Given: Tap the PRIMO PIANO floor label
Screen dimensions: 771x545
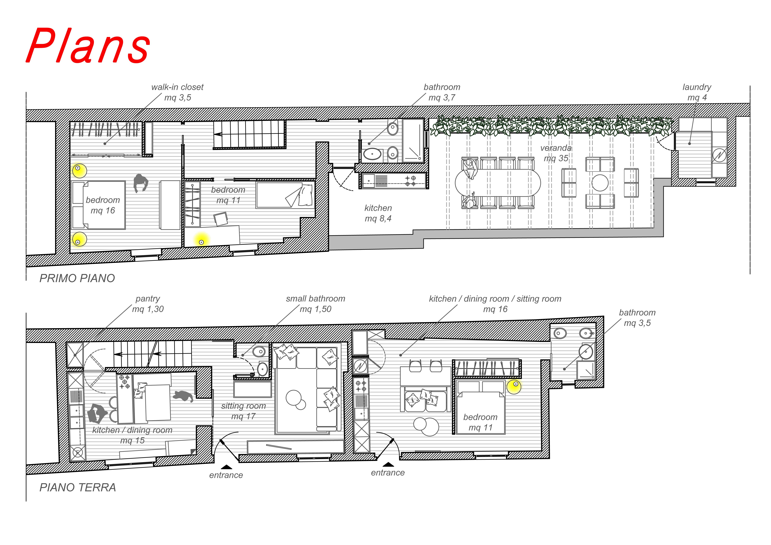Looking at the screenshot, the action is coord(77,278).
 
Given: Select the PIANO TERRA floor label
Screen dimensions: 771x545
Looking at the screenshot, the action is coord(78,487).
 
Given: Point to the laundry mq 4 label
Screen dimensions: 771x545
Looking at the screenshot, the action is coord(697,92).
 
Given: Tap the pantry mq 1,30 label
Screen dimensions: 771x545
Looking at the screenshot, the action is coord(148,304).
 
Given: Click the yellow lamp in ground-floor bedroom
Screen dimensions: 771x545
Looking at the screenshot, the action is coord(514,386).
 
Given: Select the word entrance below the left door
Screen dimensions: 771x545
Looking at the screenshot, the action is coord(226,475).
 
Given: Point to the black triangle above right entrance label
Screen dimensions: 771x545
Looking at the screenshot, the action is coord(389,465).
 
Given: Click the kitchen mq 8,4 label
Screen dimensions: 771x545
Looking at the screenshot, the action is coord(378,213).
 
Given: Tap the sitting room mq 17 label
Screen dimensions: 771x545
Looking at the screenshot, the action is coord(244,411).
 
